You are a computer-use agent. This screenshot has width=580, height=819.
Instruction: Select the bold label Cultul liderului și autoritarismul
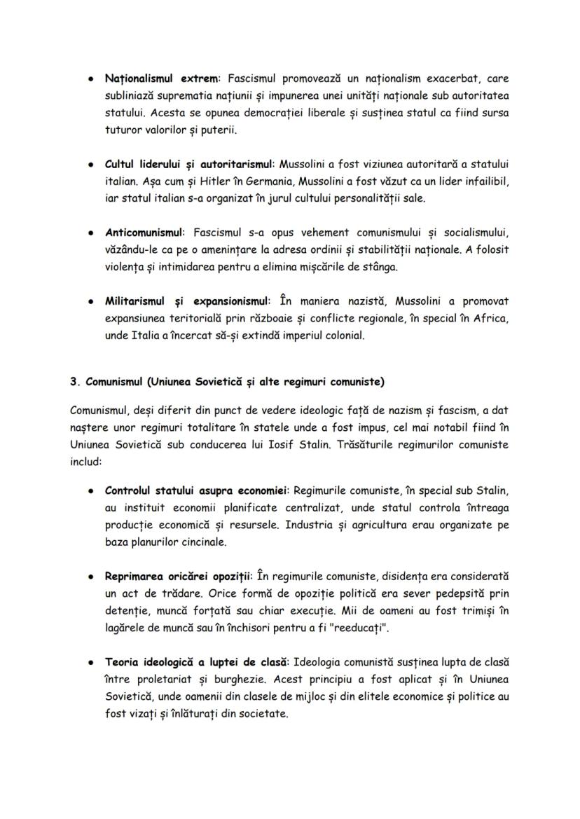click(x=190, y=164)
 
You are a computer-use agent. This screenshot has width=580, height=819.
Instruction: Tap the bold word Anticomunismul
click(x=144, y=232)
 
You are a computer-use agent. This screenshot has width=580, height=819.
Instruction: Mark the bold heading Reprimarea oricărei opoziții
click(x=177, y=576)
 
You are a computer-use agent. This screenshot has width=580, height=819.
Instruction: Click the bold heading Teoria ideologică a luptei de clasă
click(x=197, y=661)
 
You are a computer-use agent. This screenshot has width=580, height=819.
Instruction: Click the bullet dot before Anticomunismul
click(x=92, y=233)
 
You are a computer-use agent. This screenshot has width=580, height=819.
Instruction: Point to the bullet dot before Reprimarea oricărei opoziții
click(x=92, y=577)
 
